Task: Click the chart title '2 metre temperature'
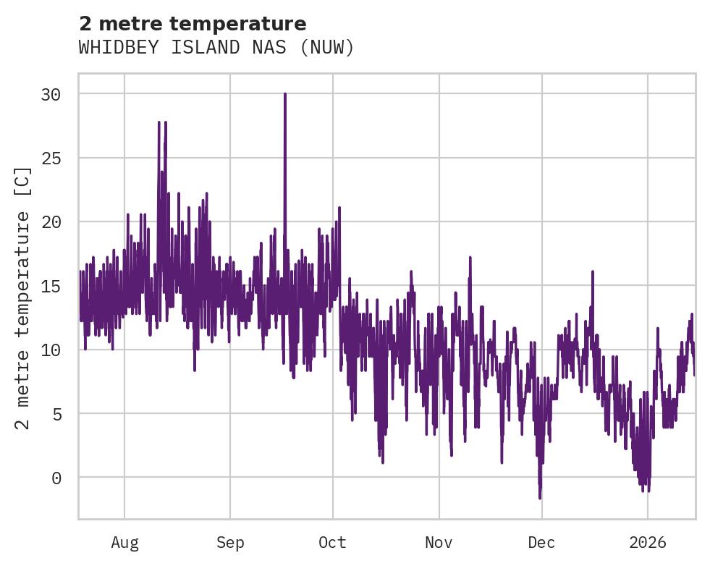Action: pos(193,24)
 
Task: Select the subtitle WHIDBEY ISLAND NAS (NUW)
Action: pos(216,48)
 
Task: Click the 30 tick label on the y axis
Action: pos(50,94)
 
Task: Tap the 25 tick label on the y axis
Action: pos(50,158)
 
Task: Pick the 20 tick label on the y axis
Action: pos(50,221)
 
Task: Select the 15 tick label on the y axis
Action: pos(50,286)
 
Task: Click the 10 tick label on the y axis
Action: pos(50,350)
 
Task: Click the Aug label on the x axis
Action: pos(124,542)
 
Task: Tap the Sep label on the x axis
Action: pos(230,542)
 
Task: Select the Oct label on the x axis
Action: pos(333,542)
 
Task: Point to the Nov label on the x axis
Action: pos(439,542)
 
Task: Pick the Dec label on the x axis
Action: pos(541,542)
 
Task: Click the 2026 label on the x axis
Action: pos(648,542)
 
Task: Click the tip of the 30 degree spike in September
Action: pos(285,94)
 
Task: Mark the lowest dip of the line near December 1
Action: pos(540,497)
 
